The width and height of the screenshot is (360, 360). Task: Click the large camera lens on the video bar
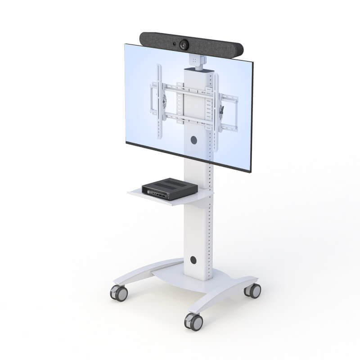pos(184,45)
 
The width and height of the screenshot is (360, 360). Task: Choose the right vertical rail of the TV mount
pos(216,112)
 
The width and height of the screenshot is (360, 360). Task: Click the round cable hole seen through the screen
pos(194,140)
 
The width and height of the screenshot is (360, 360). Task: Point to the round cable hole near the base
pos(193,260)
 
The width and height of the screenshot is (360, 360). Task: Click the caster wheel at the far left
pos(119,293)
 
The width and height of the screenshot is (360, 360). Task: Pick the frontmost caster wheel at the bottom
pos(193,321)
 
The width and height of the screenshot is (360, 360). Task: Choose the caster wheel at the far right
pos(253,290)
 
